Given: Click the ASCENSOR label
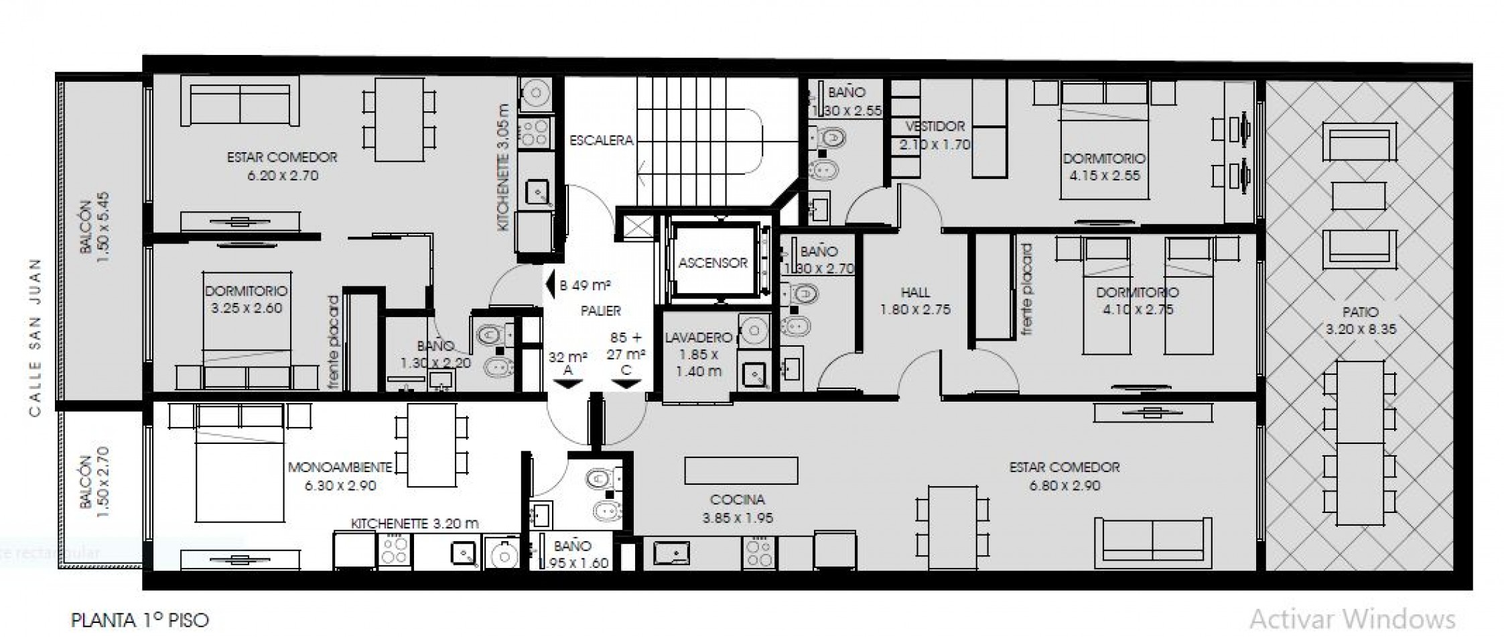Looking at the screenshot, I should (713, 264).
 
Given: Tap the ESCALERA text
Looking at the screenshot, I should (601, 141).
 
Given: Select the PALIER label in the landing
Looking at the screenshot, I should (600, 311).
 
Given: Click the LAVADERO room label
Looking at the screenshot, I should (699, 338).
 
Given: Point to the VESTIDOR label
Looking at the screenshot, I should (935, 127).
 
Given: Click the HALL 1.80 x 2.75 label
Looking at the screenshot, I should (915, 301).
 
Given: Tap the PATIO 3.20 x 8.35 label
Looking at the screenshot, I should (1361, 321).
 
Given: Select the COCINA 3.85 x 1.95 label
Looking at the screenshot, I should (738, 508).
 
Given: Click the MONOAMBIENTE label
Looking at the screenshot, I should (340, 467).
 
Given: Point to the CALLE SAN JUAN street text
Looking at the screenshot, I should (36, 337).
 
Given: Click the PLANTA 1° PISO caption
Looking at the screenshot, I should (140, 620).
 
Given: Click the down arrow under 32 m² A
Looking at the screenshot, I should (567, 384).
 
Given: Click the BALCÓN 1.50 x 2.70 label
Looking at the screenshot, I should (94, 482).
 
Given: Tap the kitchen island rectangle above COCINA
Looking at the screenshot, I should (741, 471).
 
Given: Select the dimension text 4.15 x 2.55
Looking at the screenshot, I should (1104, 176).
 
